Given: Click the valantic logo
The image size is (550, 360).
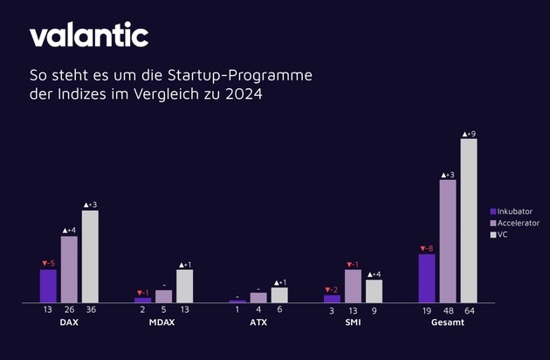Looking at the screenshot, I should pos(89,35).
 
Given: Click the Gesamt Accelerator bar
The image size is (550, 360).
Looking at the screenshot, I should pos(448,241).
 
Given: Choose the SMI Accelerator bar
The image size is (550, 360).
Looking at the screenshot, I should pos(353,286).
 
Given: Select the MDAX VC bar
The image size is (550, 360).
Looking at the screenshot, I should pos(184,286).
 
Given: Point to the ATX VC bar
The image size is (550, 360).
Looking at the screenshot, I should pos(279,294).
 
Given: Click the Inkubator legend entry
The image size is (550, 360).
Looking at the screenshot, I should pos(515,211).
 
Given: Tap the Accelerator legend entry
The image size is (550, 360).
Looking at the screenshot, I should pos(518,224).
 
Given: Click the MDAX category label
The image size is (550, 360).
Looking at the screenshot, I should pos(163,323).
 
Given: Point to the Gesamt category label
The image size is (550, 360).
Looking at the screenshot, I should pos(447,323).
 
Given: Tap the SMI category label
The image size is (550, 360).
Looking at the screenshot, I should pos(353,323).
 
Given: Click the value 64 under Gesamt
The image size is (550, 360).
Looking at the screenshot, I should pos(469,310).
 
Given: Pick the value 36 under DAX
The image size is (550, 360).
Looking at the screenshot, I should pos(90,310).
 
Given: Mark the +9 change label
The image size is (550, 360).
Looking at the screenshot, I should pos(469,134).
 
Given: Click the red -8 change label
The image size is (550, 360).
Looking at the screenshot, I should pos(426,248).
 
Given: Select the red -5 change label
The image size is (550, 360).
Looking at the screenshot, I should pos(48,263).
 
